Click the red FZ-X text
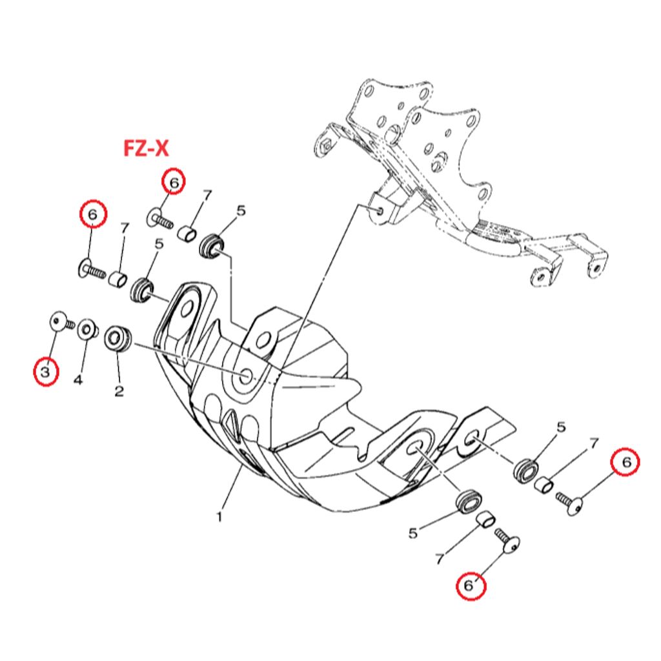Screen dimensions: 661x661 coord(146,149)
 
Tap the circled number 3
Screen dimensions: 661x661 coord(46,372)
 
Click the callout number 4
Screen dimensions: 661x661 coord(77,380)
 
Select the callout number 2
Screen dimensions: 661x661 coord(119,391)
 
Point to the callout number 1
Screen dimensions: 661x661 coord(219,516)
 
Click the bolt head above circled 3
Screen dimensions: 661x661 coord(57,320)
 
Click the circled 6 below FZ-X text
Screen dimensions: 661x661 coord(174,182)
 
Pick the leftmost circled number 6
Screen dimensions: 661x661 coord(92,214)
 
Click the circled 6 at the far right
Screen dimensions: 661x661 coord(626,462)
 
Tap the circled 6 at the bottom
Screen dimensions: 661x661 coord(469,586)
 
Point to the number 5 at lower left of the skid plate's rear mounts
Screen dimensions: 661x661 coord(413,533)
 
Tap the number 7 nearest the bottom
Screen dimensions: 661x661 coord(440,559)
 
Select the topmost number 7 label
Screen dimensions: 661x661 coord(207,195)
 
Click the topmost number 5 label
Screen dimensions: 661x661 coord(241,210)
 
